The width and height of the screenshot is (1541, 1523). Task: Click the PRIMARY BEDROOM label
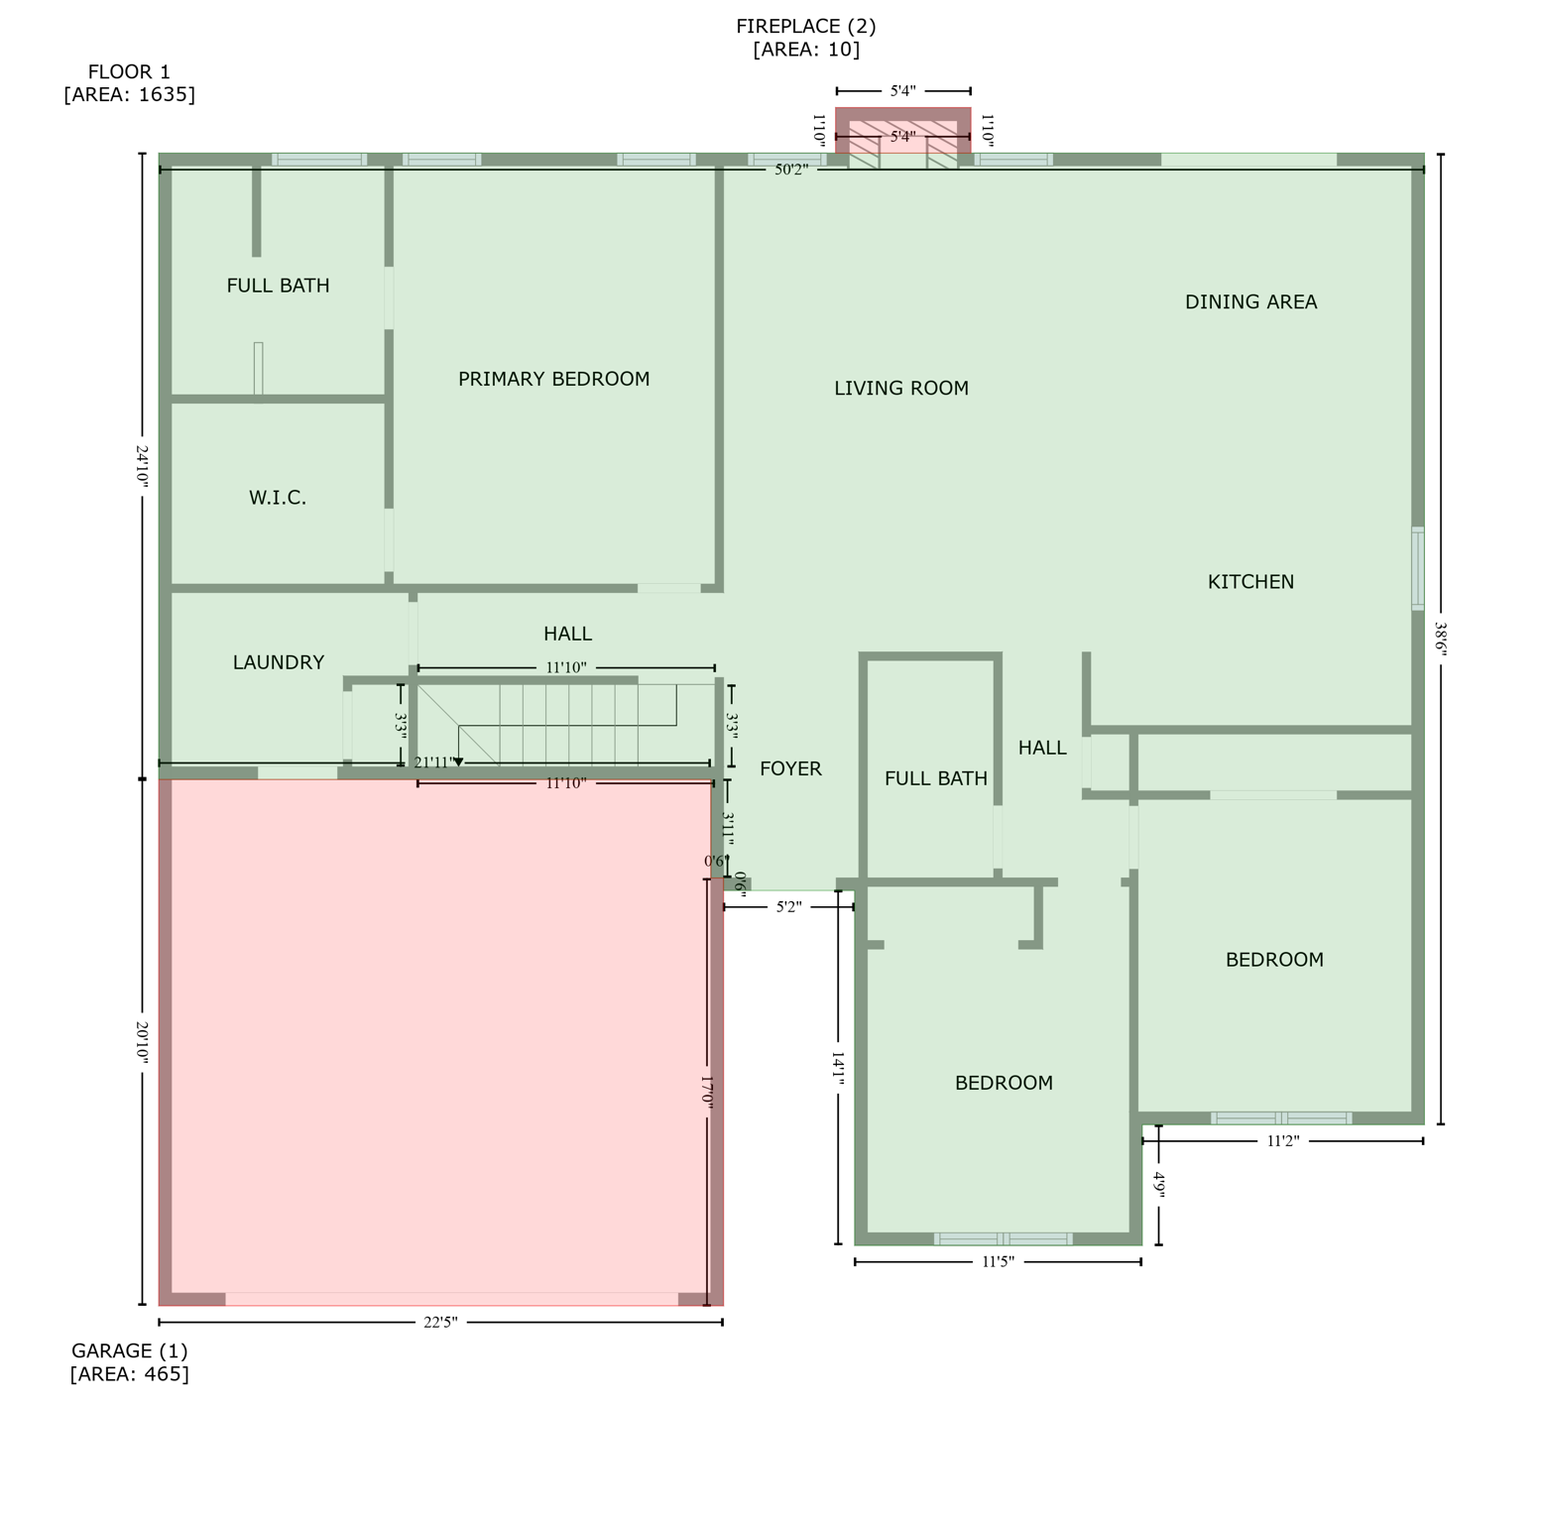click(x=553, y=379)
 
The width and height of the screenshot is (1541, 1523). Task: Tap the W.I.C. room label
click(x=278, y=498)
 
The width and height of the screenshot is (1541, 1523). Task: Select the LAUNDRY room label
click(x=278, y=662)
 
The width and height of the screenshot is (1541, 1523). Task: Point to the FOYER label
click(x=790, y=768)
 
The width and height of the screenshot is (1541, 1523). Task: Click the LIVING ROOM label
click(x=900, y=389)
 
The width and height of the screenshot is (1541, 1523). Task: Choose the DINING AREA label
click(x=1250, y=302)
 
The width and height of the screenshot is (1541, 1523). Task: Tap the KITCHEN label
click(x=1250, y=582)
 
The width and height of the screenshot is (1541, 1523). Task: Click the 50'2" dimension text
click(x=790, y=170)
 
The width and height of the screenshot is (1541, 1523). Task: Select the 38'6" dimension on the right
click(x=1440, y=640)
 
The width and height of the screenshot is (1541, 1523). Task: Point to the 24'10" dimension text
click(x=142, y=464)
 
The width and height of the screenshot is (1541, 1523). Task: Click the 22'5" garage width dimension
click(x=440, y=1322)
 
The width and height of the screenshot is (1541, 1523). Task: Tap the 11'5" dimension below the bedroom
click(x=998, y=1262)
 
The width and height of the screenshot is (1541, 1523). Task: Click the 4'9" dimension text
click(x=1158, y=1185)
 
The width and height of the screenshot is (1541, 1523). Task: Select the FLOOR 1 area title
click(x=129, y=82)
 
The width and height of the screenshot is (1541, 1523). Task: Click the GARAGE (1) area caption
click(x=129, y=1361)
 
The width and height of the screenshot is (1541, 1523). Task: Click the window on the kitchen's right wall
click(x=1418, y=568)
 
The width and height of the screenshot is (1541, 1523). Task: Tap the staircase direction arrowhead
click(x=458, y=762)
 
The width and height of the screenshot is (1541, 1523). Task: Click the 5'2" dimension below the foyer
click(x=788, y=906)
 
